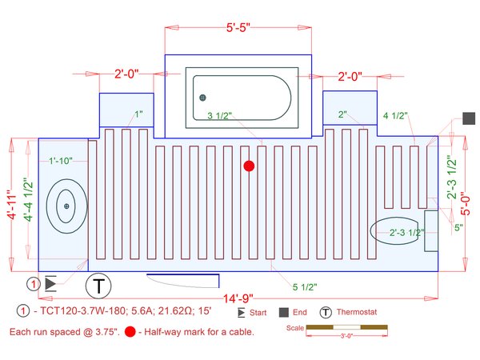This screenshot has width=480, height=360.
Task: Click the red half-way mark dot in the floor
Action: (x=249, y=166)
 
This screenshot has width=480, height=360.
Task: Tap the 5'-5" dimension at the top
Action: (x=238, y=27)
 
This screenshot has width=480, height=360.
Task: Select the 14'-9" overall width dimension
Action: (x=238, y=298)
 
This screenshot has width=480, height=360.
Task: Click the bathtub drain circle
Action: (x=202, y=98)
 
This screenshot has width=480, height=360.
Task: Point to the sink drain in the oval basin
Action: (x=66, y=206)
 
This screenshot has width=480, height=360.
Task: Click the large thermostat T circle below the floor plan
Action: (x=98, y=286)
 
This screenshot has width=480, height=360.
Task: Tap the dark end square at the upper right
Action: (x=469, y=118)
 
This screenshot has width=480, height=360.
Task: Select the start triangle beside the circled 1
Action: (x=50, y=284)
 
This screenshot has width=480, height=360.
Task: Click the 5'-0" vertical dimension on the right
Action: (x=465, y=203)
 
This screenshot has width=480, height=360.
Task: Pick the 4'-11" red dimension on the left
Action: (x=12, y=205)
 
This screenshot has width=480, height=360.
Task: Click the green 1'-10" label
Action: (x=61, y=161)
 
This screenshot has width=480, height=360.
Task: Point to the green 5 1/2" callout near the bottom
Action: (x=305, y=287)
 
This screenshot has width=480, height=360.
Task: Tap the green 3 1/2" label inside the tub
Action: (x=219, y=116)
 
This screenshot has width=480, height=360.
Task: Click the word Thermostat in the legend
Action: (x=357, y=312)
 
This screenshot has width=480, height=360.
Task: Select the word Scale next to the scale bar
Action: (x=294, y=328)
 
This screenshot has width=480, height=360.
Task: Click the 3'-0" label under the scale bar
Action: (x=346, y=336)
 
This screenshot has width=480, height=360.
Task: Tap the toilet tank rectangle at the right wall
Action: (x=431, y=231)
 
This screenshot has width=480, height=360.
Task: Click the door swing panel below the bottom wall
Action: (x=182, y=281)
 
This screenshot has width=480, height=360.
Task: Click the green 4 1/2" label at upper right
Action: (x=395, y=115)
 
